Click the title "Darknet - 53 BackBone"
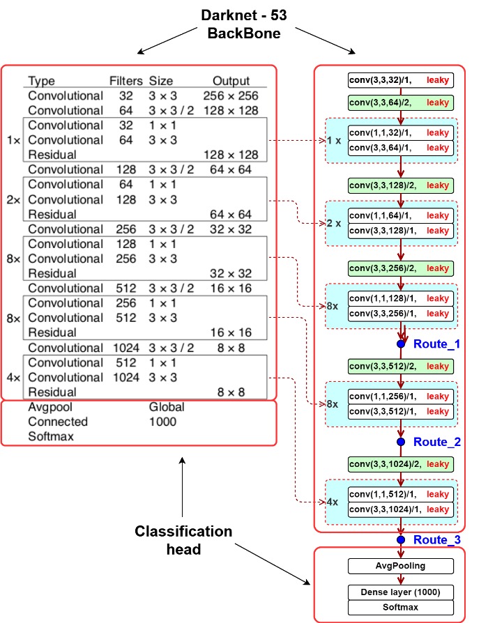[x=243, y=24]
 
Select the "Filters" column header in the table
[x=126, y=81]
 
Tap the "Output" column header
[x=231, y=81]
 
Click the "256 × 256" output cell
[x=231, y=95]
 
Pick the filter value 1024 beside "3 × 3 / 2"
[x=126, y=348]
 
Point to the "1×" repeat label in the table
[x=13, y=140]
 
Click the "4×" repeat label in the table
[x=13, y=378]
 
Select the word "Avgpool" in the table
[x=50, y=407]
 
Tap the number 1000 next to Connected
[x=162, y=422]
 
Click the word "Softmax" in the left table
[x=51, y=436]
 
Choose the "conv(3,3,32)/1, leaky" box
[x=401, y=80]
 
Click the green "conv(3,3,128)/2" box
[x=401, y=185]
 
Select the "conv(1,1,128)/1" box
[x=401, y=298]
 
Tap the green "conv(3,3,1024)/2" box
[x=401, y=464]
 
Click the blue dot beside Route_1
[x=401, y=344]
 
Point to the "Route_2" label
[x=436, y=442]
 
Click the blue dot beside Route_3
[x=401, y=539]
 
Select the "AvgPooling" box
[x=401, y=566]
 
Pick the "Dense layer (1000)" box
[x=401, y=592]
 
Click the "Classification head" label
[x=183, y=540]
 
